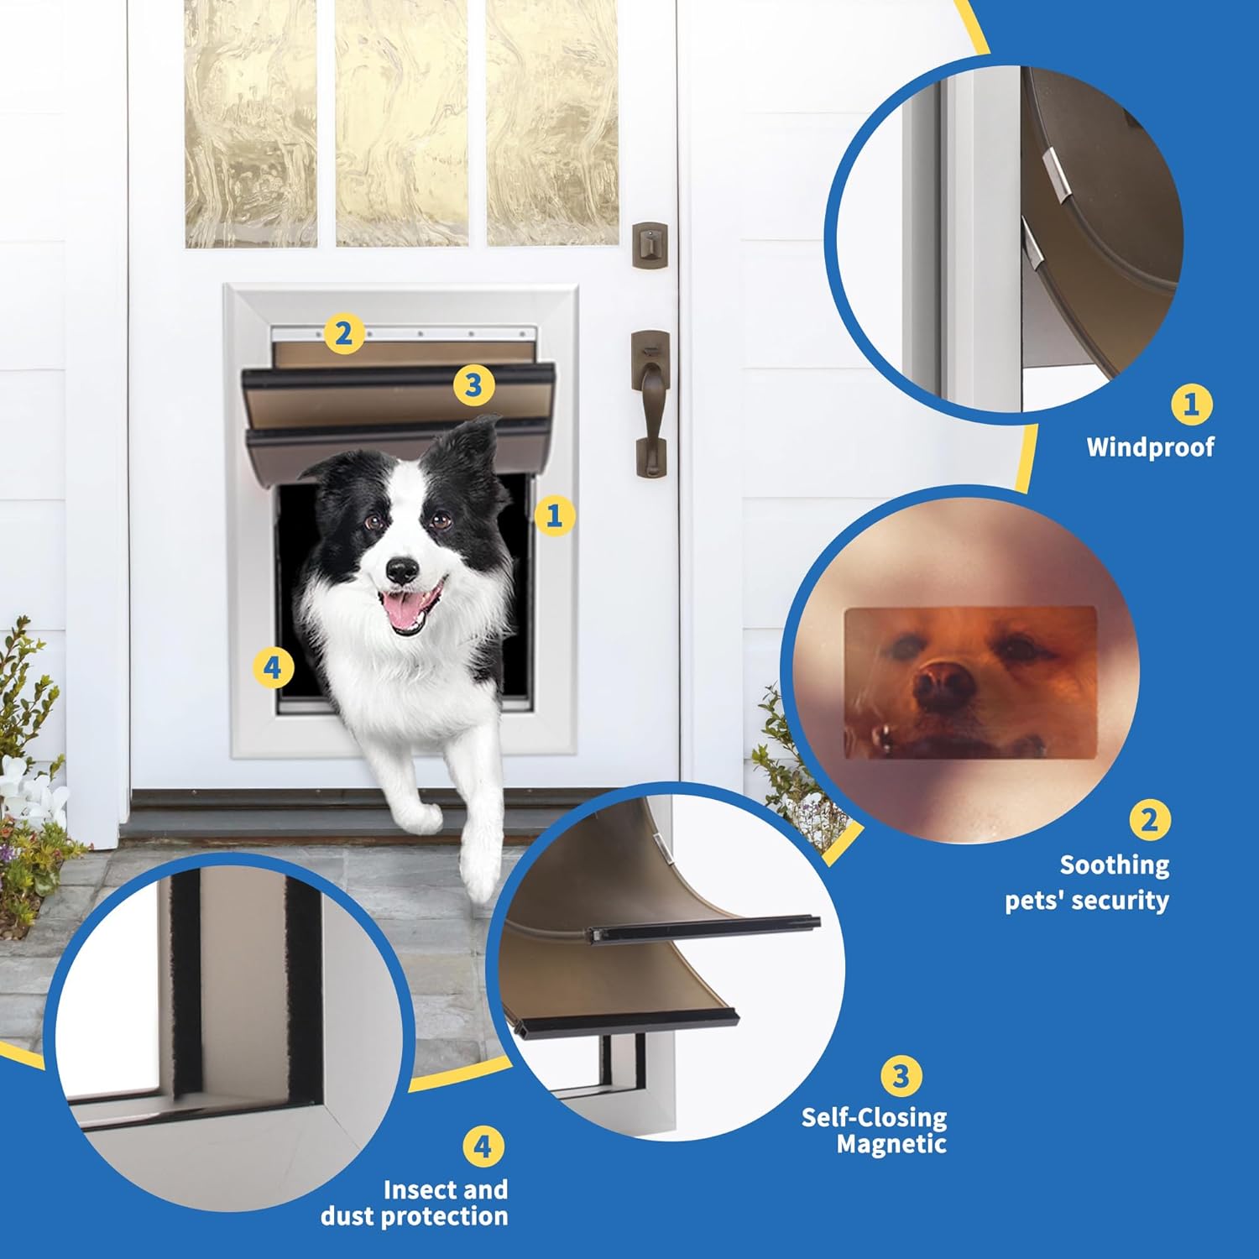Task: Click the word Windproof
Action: click(1150, 447)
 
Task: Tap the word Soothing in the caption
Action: click(1114, 865)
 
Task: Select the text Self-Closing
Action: click(874, 1117)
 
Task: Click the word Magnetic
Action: click(891, 1144)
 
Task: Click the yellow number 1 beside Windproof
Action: click(1191, 405)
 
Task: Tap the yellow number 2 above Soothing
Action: click(1149, 819)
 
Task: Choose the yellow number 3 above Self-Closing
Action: click(901, 1075)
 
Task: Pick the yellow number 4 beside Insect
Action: click(483, 1147)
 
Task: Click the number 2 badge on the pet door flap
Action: click(342, 334)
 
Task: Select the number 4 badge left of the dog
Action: click(273, 668)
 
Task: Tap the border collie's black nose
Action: click(402, 570)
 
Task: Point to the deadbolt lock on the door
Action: click(650, 244)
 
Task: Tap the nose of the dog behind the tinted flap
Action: click(945, 682)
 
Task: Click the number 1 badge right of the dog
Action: click(554, 515)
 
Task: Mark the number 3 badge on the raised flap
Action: click(473, 385)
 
